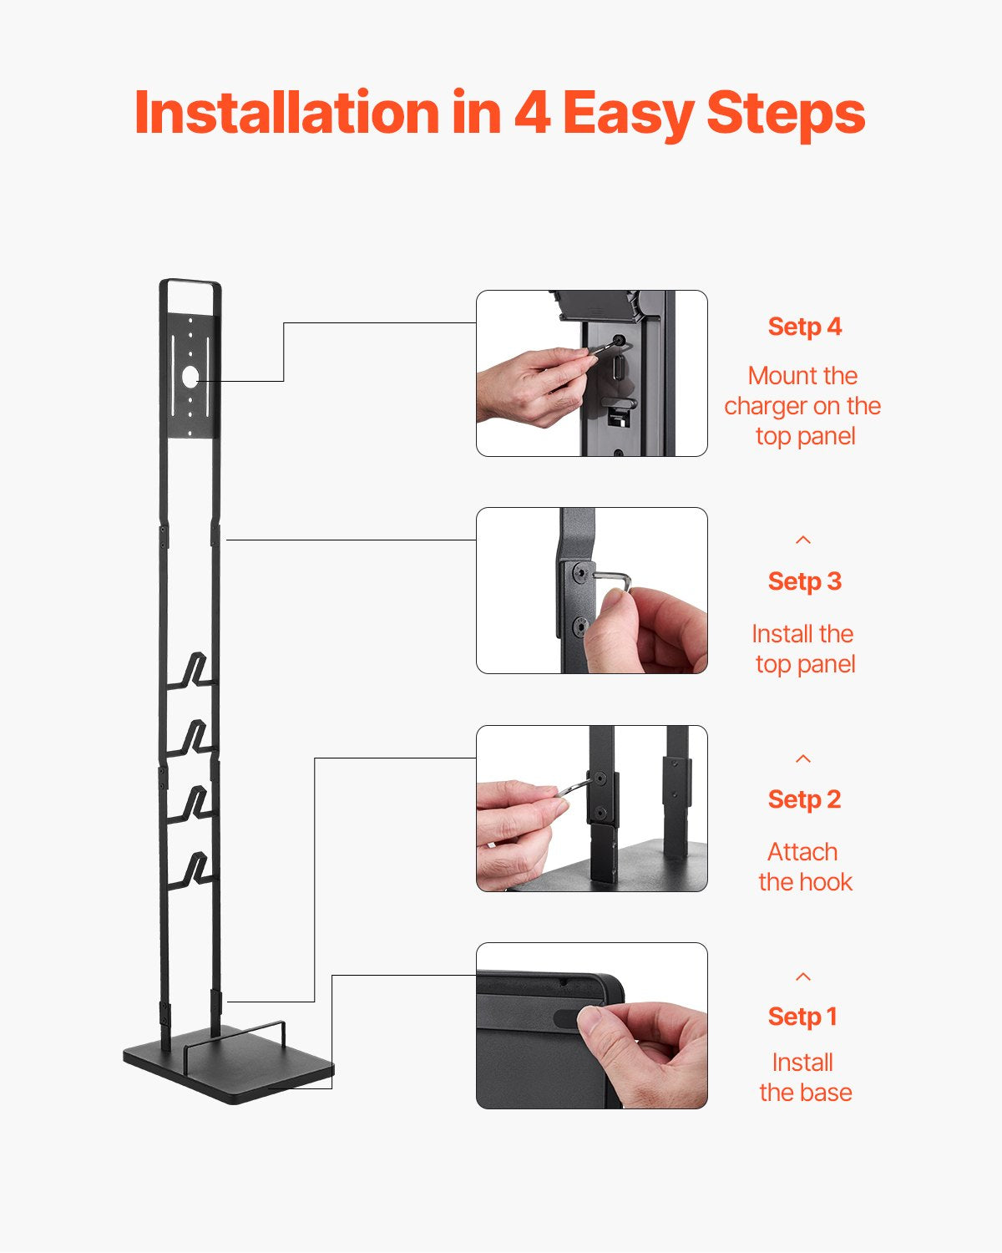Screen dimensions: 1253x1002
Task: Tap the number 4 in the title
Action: point(532,113)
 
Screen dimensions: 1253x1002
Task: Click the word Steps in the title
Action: point(785,113)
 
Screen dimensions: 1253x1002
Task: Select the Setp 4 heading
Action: point(804,327)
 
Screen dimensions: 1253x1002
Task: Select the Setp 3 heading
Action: point(804,581)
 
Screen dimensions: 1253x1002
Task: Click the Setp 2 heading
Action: point(804,799)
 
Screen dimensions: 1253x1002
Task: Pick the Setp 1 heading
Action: point(802,1017)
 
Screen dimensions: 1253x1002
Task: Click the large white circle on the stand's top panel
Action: point(190,376)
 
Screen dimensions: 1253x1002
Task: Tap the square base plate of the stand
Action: point(230,1069)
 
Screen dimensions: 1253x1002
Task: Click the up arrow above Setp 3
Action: point(803,540)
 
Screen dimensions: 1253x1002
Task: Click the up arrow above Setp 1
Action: point(803,977)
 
